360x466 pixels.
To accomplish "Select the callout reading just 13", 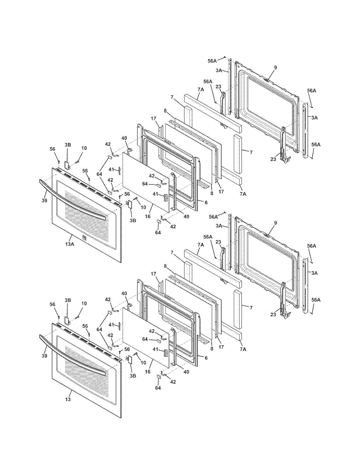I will click(x=68, y=400).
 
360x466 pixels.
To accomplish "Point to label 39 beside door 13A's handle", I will click(x=45, y=201).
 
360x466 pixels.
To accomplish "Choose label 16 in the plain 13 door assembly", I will click(x=148, y=372).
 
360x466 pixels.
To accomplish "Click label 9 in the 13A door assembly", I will click(x=275, y=68).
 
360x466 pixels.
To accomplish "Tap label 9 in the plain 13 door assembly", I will click(x=275, y=223).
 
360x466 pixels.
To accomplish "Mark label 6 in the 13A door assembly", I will click(x=206, y=202).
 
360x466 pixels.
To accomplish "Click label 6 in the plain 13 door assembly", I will click(x=206, y=358).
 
